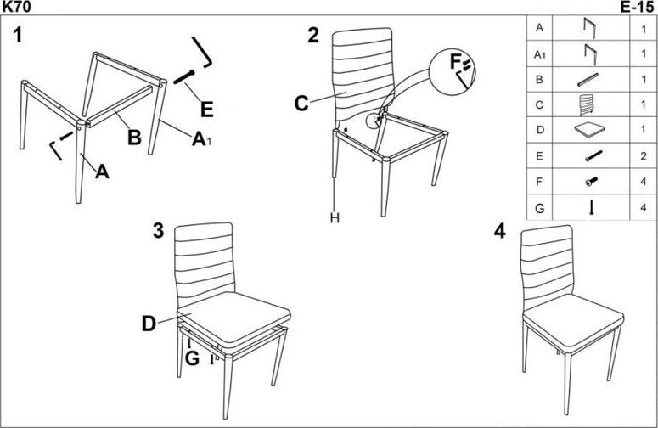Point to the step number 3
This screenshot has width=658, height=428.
coord(158,231)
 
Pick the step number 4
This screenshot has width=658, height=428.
coord(500,232)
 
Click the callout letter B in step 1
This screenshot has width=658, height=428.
coord(133,138)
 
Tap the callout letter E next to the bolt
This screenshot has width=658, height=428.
coord(206,109)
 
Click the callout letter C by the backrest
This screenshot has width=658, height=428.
coord(301,104)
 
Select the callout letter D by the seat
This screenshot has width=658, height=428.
coord(149,324)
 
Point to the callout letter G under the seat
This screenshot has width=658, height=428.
coord(192,358)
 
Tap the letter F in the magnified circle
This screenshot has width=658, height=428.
coord(455,62)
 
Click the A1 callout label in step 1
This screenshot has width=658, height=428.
coord(201,139)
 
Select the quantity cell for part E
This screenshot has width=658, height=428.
coord(643,156)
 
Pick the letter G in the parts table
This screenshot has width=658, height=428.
coord(538,207)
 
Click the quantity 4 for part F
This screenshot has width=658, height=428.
coord(643,182)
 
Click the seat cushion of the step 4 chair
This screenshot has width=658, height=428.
coord(571,318)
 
